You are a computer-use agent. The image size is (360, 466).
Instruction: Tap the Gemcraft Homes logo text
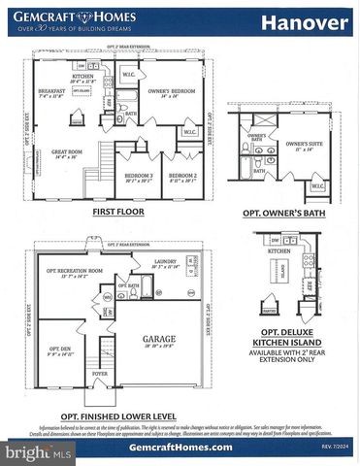pyautogui.click(x=66, y=15)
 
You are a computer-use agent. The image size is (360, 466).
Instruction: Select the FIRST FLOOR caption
pyautogui.click(x=120, y=211)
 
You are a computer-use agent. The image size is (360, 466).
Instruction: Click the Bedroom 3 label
pyautogui.click(x=139, y=177)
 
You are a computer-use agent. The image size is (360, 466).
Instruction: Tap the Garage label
pyautogui.click(x=158, y=341)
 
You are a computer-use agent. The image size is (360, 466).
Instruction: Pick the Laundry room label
pyautogui.click(x=166, y=261)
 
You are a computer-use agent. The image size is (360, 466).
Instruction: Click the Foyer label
pyautogui.click(x=99, y=373)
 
